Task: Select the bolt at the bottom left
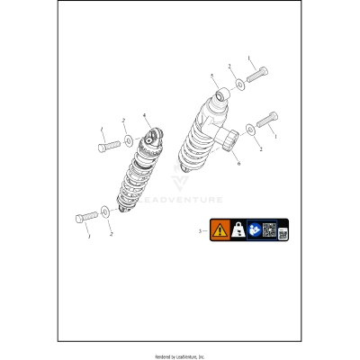click(x=86, y=218)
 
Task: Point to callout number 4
click(x=145, y=115)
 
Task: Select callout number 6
click(x=238, y=164)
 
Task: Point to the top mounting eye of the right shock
click(x=219, y=93)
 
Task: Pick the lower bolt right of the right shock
click(x=270, y=120)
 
